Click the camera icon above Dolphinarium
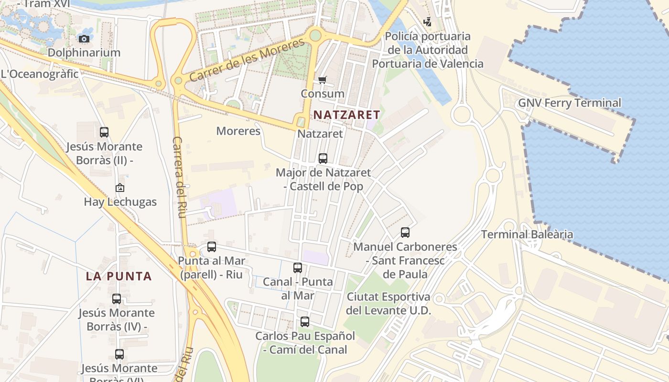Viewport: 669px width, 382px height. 84,39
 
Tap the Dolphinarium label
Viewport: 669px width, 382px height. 84,53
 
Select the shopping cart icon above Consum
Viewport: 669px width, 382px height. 323,80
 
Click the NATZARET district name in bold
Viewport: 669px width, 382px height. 346,115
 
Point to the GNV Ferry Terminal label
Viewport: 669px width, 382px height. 570,103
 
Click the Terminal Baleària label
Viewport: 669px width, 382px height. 527,234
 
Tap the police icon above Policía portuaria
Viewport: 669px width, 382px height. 428,22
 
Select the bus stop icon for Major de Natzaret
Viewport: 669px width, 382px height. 323,158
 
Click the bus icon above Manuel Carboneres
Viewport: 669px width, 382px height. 405,233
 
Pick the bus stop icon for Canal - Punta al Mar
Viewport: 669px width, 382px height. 298,268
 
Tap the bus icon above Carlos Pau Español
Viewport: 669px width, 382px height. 305,322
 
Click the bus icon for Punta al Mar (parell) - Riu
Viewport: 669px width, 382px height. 212,247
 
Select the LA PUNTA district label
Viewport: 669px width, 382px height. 119,276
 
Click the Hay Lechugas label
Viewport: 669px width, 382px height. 120,202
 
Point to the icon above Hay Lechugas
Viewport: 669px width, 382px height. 120,188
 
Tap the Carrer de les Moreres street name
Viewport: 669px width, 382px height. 247,61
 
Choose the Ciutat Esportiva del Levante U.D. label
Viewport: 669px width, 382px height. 388,303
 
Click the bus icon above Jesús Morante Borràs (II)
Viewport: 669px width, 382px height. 104,132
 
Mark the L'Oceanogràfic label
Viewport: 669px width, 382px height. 40,74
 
